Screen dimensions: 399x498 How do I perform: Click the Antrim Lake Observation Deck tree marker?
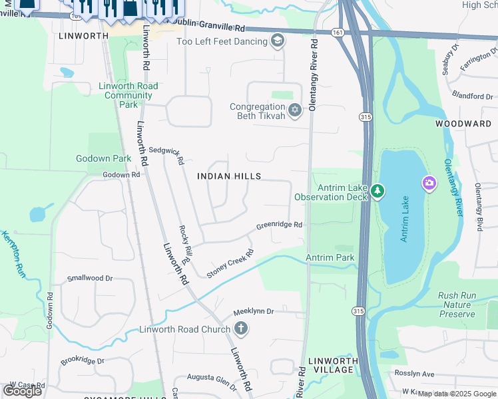pyautogui.click(x=377, y=192)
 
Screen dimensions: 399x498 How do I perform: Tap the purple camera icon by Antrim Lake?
pyautogui.click(x=429, y=182)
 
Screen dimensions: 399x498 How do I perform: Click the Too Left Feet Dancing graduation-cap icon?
pyautogui.click(x=277, y=42)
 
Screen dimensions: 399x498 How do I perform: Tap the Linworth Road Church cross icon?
pyautogui.click(x=241, y=329)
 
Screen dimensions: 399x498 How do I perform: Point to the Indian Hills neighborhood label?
pyautogui.click(x=229, y=176)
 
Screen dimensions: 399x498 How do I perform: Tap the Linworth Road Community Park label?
pyautogui.click(x=128, y=95)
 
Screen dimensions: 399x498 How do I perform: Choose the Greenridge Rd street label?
pyautogui.click(x=280, y=225)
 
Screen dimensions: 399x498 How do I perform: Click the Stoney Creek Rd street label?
pyautogui.click(x=230, y=263)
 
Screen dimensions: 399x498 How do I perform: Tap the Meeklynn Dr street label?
pyautogui.click(x=254, y=312)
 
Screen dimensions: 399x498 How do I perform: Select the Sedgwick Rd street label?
pyautogui.click(x=166, y=154)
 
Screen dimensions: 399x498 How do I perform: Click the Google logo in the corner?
pyautogui.click(x=23, y=391)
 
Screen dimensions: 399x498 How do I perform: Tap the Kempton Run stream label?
pyautogui.click(x=13, y=253)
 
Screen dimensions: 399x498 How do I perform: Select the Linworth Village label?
pyautogui.click(x=334, y=365)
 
